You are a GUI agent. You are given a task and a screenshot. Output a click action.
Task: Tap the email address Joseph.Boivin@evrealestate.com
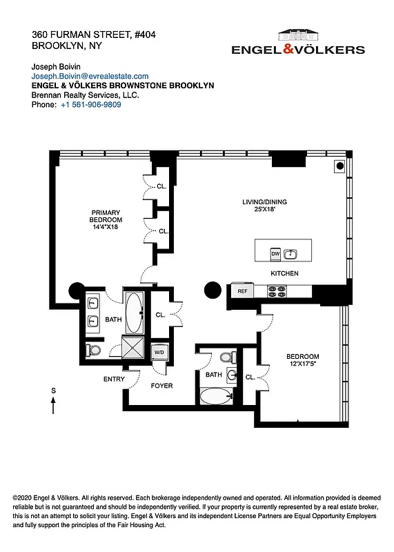90,76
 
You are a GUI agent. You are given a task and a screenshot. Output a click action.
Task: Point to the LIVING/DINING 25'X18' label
264,206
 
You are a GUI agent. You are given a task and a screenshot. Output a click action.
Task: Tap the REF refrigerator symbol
242,291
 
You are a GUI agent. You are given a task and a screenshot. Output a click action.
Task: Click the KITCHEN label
284,274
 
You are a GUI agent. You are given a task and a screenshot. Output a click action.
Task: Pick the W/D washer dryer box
159,352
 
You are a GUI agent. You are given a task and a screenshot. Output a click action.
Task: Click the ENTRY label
115,379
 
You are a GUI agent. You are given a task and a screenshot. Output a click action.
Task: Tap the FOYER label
161,386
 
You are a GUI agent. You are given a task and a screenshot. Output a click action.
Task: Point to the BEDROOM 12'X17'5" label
302,360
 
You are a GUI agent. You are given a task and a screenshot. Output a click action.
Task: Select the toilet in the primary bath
94,351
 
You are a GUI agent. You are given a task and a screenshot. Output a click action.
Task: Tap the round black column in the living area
212,290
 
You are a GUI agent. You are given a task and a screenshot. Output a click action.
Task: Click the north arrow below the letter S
54,405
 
